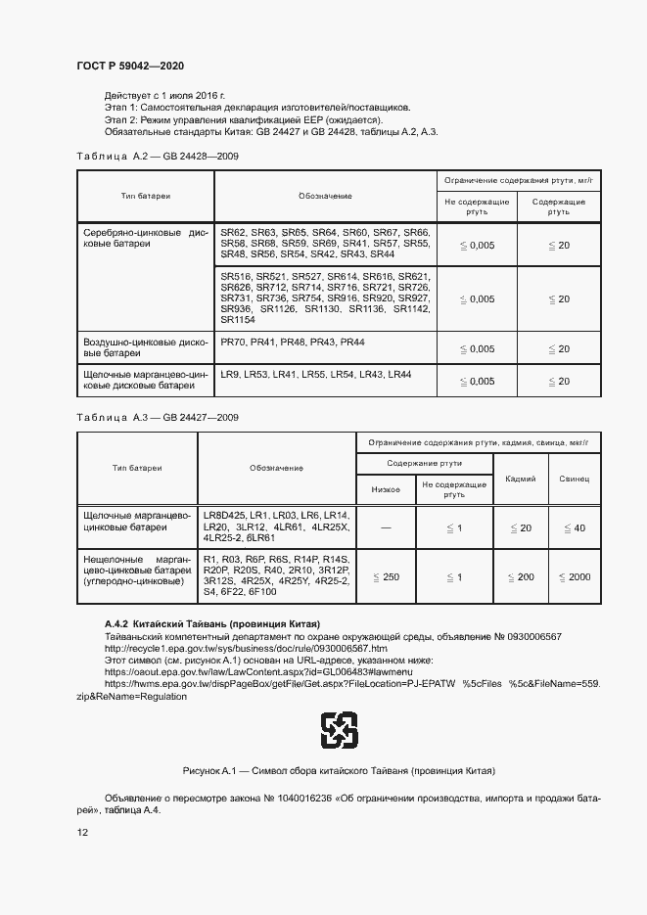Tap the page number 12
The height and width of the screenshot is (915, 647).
coord(83,832)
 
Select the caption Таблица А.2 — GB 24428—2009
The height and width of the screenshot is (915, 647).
coord(157,157)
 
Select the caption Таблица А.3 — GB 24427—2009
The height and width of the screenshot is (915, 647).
coord(157,418)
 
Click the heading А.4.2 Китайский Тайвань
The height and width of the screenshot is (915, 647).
coord(212,624)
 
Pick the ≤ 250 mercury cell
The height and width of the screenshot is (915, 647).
coord(386,577)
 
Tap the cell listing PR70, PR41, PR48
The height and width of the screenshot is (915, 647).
coord(292,342)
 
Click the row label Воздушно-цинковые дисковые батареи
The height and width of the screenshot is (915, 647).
coord(144,347)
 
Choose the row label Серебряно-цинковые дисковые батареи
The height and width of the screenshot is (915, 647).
coord(144,238)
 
